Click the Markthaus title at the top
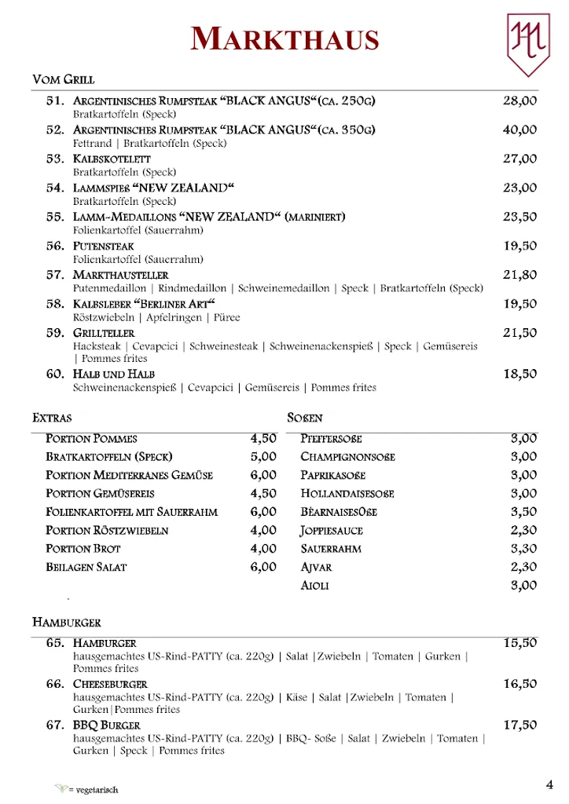(284, 38)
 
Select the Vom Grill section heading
(63, 79)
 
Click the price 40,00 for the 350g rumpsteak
(519, 130)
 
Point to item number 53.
(55, 159)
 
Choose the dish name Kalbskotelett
(112, 159)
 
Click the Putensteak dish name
(104, 246)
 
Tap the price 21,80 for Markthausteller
(519, 275)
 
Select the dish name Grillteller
(104, 333)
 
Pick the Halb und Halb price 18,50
(519, 374)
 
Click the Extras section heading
(52, 418)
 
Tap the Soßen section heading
(305, 418)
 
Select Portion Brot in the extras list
(83, 549)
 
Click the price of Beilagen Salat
(263, 567)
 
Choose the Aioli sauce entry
(314, 586)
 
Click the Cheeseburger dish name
(110, 684)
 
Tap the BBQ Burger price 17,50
(519, 725)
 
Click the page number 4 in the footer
(549, 784)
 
